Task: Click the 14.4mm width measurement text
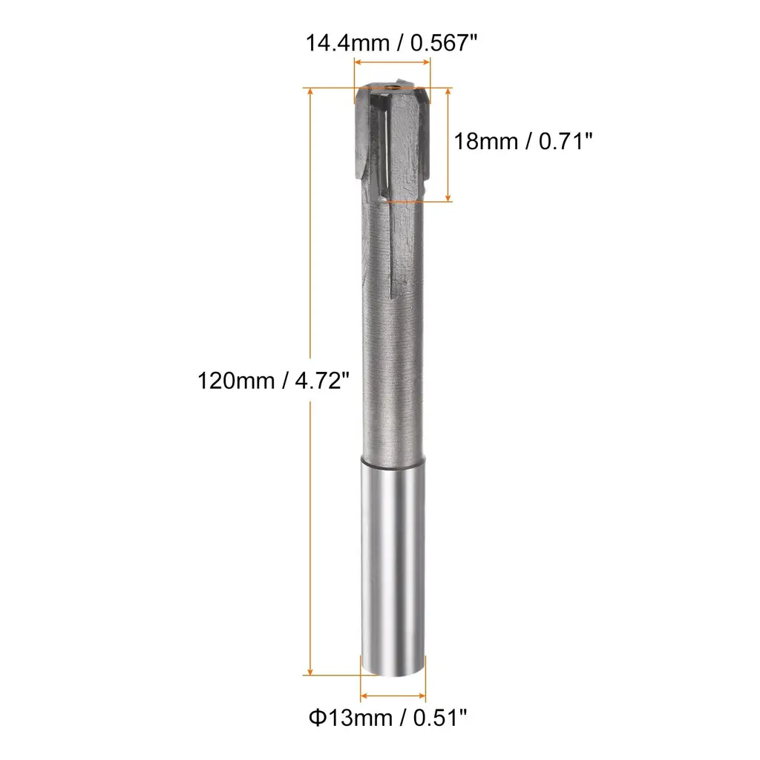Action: point(347,43)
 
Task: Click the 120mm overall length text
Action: point(236,381)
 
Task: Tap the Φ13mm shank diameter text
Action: point(350,718)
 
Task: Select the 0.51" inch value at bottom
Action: point(439,718)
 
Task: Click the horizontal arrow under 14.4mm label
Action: point(392,62)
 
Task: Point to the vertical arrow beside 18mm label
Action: point(448,145)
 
